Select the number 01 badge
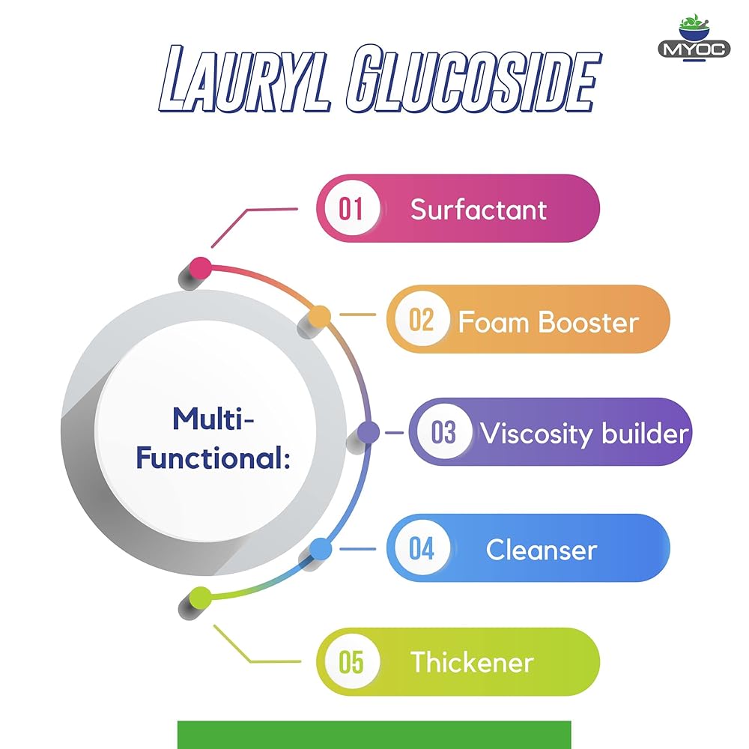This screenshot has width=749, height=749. [x=351, y=208]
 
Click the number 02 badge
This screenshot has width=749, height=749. [x=421, y=321]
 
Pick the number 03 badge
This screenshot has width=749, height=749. [x=443, y=433]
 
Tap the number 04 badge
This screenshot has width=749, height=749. [x=421, y=549]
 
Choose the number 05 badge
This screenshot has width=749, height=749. [x=351, y=662]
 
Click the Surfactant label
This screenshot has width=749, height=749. [x=479, y=210]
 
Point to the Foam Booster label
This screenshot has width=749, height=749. [x=548, y=322]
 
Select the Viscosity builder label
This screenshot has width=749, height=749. [x=584, y=434]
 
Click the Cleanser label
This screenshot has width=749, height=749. [x=541, y=550]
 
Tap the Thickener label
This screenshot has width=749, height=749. [x=472, y=662]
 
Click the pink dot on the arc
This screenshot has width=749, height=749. [x=200, y=267]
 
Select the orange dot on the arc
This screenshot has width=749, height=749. [x=320, y=316]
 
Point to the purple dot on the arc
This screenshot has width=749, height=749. [x=368, y=432]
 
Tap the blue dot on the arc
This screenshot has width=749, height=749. [x=320, y=549]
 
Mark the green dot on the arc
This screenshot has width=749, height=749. [x=200, y=598]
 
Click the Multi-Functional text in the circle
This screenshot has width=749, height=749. [x=213, y=437]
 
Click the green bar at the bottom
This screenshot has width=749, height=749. [x=374, y=735]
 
